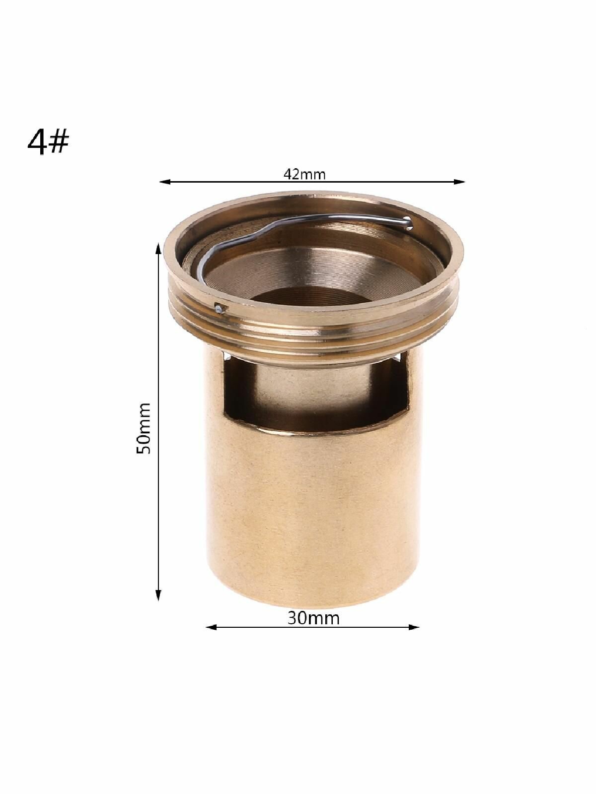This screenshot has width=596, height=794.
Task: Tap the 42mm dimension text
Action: point(304,174)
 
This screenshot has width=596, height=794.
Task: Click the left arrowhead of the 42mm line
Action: point(165,182)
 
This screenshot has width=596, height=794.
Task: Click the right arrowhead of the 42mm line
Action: point(459,182)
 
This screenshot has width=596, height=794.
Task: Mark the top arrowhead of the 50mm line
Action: point(158,249)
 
